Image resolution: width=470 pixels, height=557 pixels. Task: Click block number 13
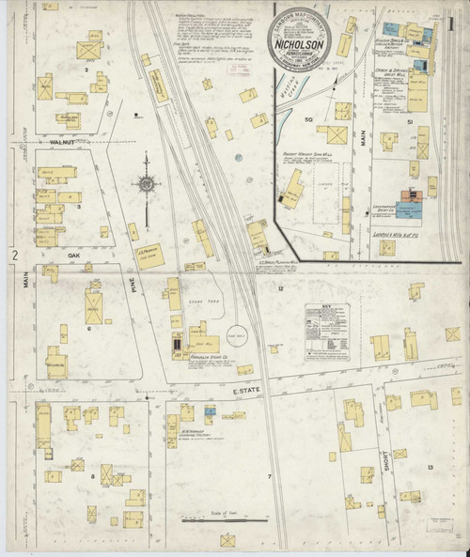(x=430, y=467)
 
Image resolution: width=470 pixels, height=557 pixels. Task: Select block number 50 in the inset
(x=307, y=119)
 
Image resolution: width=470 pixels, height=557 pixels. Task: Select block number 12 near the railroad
(x=280, y=289)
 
